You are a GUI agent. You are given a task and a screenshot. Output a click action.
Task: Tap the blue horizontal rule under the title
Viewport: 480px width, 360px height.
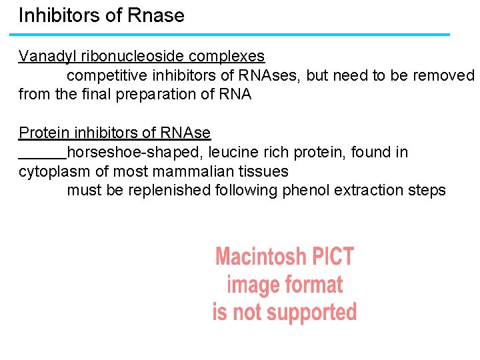pos(233,35)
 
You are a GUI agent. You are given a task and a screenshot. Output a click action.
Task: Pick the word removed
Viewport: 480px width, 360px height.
pos(443,75)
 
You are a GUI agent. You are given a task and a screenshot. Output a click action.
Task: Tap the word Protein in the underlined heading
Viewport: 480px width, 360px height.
pos(43,133)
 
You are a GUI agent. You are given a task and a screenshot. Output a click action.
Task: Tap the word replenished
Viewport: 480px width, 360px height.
pos(169,190)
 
